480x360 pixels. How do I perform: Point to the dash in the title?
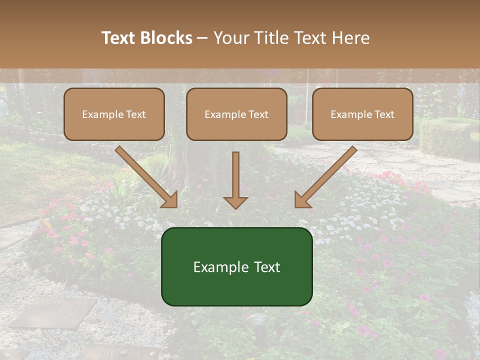click(203, 38)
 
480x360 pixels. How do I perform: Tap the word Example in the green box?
click(218, 267)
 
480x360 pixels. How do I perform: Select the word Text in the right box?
click(384, 114)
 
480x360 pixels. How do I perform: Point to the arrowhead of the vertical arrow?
click(235, 202)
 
